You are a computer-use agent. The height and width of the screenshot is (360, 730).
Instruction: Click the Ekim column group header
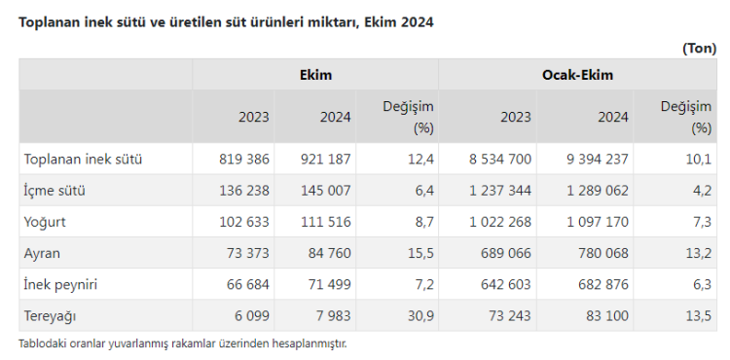click(315, 75)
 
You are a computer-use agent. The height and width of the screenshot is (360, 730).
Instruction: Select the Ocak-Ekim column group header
click(577, 75)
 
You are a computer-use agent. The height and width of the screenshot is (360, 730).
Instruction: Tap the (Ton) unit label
click(699, 49)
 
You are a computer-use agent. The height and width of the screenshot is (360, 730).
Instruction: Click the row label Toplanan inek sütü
click(83, 159)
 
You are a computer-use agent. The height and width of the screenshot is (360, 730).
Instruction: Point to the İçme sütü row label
click(55, 191)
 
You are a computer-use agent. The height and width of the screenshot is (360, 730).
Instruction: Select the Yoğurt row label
click(45, 222)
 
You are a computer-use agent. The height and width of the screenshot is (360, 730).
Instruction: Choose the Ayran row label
click(42, 254)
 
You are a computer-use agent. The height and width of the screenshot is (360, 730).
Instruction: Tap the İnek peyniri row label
click(60, 285)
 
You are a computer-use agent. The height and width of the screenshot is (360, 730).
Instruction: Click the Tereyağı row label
click(50, 316)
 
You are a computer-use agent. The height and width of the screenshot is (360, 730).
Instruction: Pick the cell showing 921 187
click(325, 159)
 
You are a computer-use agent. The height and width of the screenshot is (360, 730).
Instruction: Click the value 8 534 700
click(500, 159)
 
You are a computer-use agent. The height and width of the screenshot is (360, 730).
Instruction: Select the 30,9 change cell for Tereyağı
click(420, 316)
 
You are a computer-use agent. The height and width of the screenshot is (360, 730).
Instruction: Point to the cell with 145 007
click(325, 191)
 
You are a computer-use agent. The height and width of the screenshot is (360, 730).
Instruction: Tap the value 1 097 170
click(598, 222)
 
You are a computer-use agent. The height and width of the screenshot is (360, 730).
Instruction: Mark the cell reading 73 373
click(247, 254)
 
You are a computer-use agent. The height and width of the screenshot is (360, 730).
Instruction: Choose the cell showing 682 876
click(603, 285)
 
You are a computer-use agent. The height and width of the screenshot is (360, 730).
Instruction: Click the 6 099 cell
click(252, 316)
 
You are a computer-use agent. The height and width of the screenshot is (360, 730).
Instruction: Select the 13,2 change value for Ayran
click(698, 254)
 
